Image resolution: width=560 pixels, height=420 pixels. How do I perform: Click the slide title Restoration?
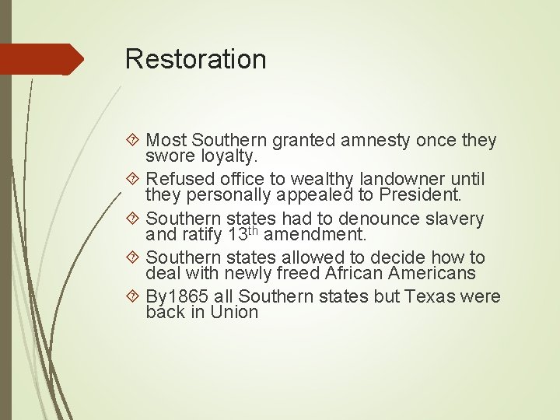click(x=195, y=59)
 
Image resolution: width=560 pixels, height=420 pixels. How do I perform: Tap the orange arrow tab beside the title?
click(x=42, y=59)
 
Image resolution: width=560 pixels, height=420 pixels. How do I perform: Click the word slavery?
click(x=454, y=219)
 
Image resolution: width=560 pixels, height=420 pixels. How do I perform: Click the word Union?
click(x=234, y=313)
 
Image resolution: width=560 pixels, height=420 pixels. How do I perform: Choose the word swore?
click(x=166, y=157)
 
